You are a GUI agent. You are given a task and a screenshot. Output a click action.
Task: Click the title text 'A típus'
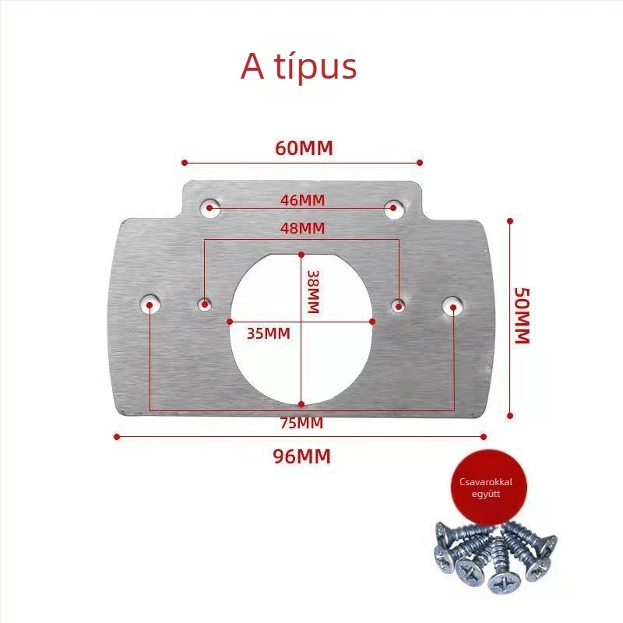(x=298, y=67)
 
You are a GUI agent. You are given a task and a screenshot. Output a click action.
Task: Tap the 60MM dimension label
(x=304, y=148)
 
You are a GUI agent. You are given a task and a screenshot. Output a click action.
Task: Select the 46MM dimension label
(x=302, y=200)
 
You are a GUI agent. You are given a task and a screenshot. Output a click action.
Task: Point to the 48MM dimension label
(x=302, y=228)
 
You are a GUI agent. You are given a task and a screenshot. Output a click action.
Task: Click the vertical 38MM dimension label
(x=314, y=291)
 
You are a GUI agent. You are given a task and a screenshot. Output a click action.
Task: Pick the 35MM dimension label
(x=269, y=333)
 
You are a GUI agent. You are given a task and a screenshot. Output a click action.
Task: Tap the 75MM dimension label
(x=301, y=423)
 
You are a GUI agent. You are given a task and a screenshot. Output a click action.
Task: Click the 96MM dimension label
(x=301, y=456)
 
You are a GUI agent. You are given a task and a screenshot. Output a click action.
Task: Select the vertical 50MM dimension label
(x=522, y=315)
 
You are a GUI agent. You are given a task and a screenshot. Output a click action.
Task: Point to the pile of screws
(x=495, y=556)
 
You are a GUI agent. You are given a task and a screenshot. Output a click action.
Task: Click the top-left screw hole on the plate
(x=210, y=208)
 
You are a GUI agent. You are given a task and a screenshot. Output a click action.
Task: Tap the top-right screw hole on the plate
(x=394, y=209)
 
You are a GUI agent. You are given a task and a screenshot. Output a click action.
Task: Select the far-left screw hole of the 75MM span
(x=150, y=304)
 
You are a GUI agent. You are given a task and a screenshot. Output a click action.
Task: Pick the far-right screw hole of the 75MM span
(x=452, y=306)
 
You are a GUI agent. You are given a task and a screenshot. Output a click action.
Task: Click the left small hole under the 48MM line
(x=205, y=304)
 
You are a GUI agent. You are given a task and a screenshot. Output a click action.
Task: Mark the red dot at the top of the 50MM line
(x=510, y=221)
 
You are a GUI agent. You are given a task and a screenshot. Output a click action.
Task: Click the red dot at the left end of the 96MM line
(x=116, y=437)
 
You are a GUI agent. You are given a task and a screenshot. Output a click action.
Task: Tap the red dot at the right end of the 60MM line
(x=420, y=163)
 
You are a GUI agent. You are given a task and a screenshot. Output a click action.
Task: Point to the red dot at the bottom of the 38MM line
(x=301, y=404)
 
